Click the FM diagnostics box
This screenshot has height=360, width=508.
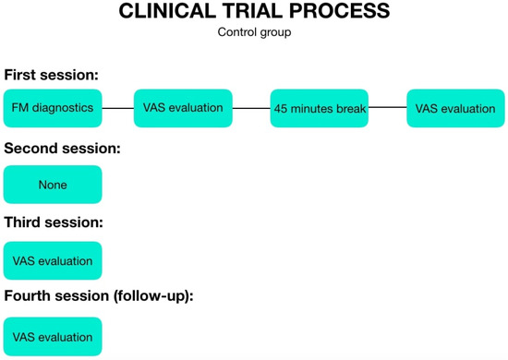[x=53, y=108]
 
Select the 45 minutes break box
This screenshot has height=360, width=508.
[x=320, y=108]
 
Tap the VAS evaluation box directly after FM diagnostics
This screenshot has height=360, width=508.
[x=183, y=108]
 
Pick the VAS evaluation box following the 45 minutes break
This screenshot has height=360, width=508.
[x=455, y=108]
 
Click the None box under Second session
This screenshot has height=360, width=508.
[x=53, y=185]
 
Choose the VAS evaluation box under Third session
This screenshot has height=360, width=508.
[x=53, y=260]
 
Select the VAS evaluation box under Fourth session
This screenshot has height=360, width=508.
[x=53, y=337]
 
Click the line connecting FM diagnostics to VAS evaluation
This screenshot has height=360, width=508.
[x=117, y=108]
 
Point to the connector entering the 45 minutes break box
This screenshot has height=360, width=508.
[x=251, y=108]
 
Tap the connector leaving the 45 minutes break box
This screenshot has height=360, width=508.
[x=388, y=108]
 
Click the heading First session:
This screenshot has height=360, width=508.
[x=51, y=74]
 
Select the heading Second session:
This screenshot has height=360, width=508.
[x=63, y=148]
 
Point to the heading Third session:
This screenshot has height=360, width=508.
[x=54, y=222]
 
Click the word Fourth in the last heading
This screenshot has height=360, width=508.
[x=30, y=296]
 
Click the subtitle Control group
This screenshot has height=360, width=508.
[x=254, y=33]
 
